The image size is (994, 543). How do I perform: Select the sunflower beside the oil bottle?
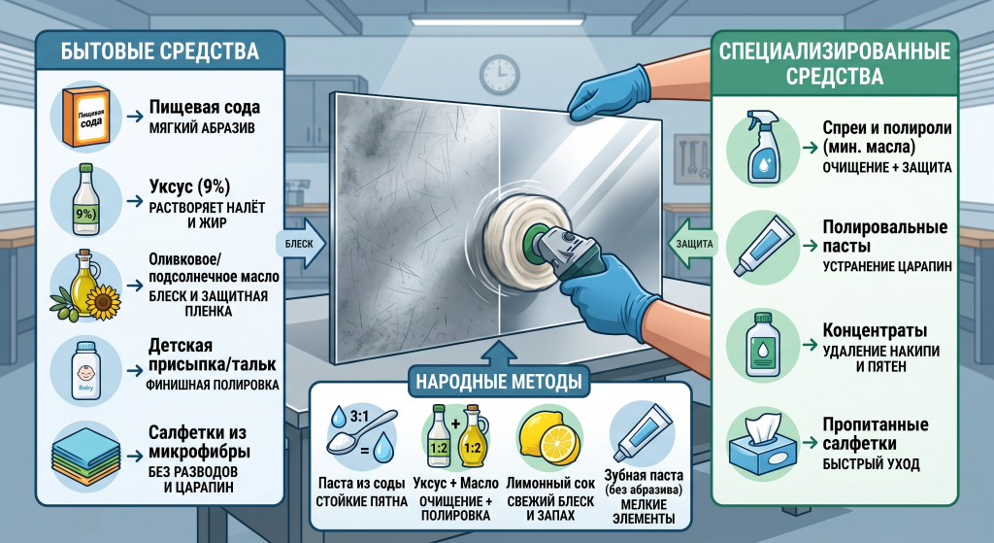(103, 302)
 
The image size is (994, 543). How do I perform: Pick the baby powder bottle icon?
(85, 371)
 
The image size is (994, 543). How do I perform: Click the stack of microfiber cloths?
(85, 457)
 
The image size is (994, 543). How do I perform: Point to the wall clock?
(500, 75)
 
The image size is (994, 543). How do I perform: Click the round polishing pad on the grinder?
(507, 239)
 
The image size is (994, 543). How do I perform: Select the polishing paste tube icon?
(764, 246)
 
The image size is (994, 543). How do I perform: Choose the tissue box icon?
(763, 445)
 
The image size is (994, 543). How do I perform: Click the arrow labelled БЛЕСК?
(302, 244)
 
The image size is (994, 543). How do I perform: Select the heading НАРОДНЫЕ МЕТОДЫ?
(499, 381)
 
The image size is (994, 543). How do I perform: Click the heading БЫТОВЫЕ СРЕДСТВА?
(160, 51)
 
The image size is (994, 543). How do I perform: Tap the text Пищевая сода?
(205, 107)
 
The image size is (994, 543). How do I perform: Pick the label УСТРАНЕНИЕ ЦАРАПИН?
(887, 267)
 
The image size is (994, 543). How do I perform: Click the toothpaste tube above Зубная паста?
(643, 432)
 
